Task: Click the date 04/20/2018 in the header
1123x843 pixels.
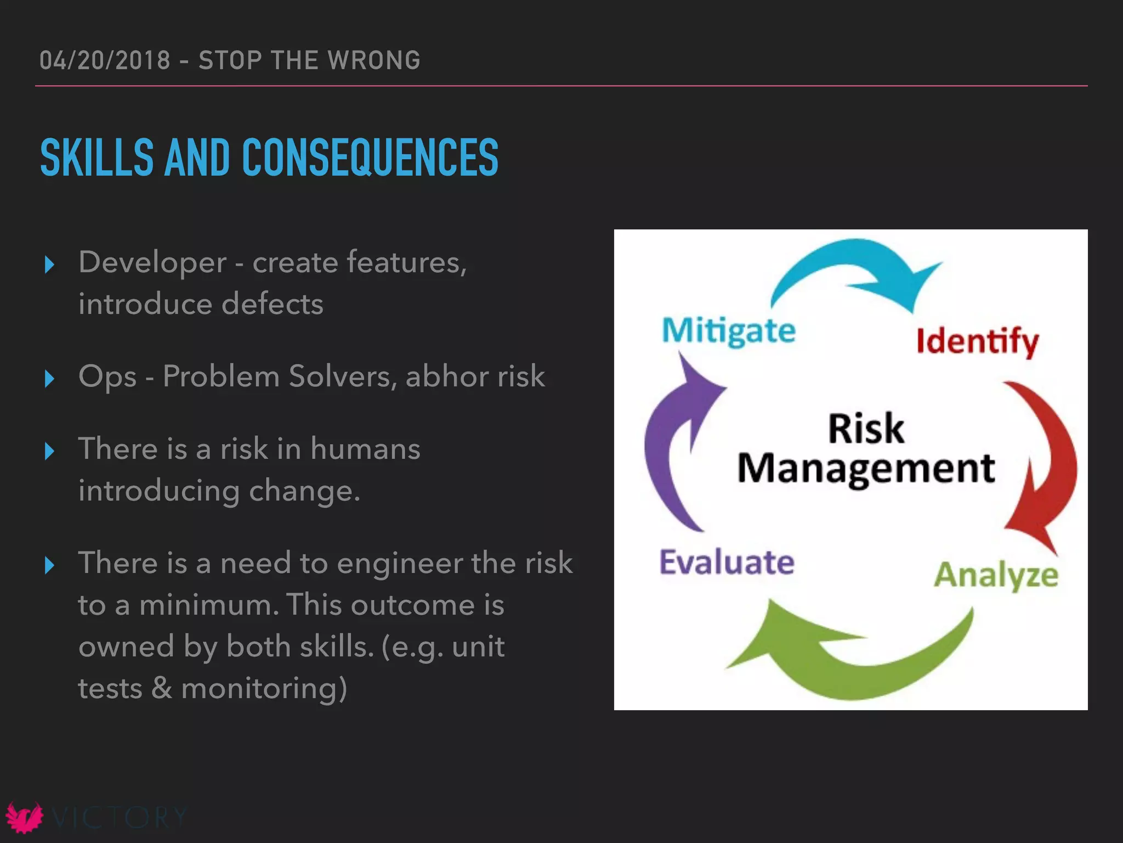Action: (x=105, y=60)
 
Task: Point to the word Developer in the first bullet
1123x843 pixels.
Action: (x=152, y=262)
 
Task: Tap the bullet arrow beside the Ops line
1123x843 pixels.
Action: (x=49, y=378)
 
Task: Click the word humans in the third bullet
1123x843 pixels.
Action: (x=365, y=449)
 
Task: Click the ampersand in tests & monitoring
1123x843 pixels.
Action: (x=162, y=688)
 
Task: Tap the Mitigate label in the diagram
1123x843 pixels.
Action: (x=729, y=331)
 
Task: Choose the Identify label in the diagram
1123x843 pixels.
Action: (x=977, y=341)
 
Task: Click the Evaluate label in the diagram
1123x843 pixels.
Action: (x=727, y=563)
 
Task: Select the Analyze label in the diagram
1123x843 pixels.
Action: (x=996, y=575)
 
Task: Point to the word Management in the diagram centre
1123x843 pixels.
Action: (x=866, y=469)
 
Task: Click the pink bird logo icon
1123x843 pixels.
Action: (x=24, y=817)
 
